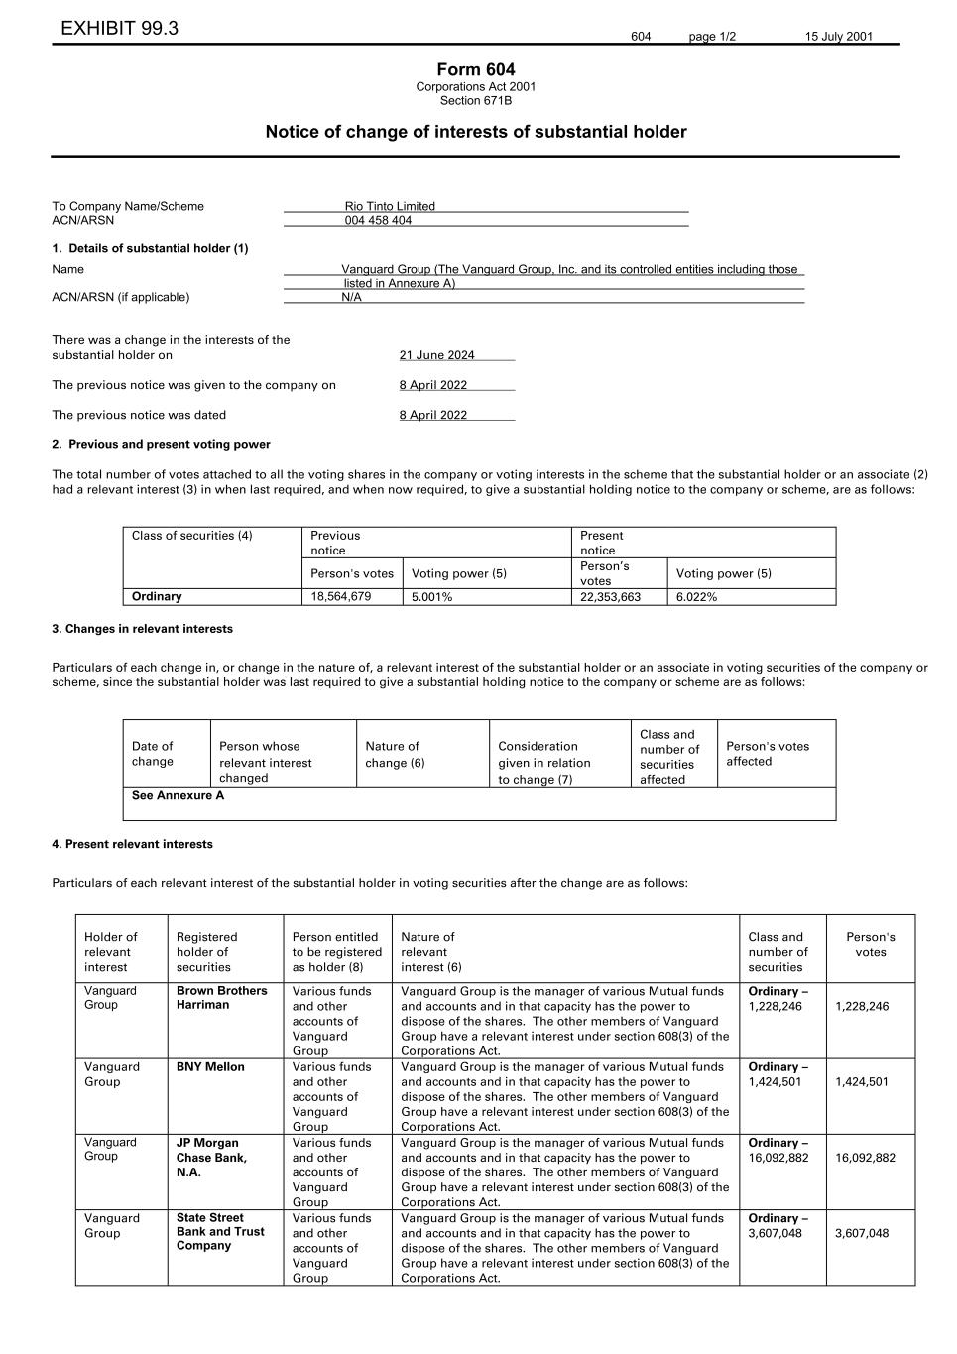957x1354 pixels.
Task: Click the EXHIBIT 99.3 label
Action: tap(119, 29)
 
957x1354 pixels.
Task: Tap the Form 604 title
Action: tap(475, 69)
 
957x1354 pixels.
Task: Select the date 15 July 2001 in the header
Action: tap(838, 37)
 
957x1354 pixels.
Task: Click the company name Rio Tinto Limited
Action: tap(390, 206)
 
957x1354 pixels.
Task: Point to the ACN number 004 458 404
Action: tap(378, 221)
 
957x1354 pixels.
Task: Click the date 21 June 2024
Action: tap(436, 355)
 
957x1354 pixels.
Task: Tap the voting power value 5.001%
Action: tap(431, 597)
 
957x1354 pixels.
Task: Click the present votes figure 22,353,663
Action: tap(610, 597)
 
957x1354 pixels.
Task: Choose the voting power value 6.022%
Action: tap(696, 597)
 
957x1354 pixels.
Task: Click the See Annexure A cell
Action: tap(179, 795)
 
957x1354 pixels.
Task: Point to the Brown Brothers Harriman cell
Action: tap(222, 998)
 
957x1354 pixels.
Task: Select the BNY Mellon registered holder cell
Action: tap(210, 1067)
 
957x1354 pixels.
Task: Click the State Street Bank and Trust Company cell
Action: tap(220, 1232)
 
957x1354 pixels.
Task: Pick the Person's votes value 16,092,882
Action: tap(865, 1158)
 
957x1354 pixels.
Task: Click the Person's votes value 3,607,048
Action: tap(862, 1234)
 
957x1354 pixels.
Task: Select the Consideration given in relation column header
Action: tap(544, 762)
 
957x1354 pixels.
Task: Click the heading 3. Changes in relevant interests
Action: tap(142, 629)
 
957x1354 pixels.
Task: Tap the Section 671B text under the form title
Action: tap(476, 100)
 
